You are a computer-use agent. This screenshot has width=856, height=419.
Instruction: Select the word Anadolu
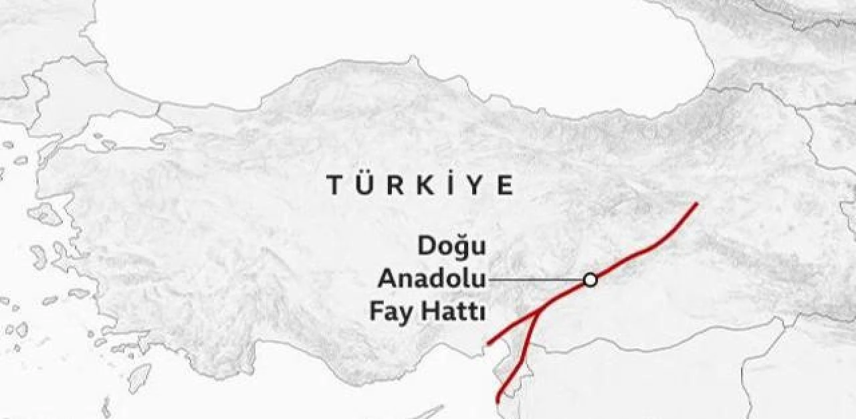point(431,280)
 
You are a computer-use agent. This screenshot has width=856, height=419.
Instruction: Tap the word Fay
point(391,312)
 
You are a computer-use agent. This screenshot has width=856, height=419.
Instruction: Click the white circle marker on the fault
point(590,280)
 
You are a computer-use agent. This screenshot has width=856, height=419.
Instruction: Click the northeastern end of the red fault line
point(697,203)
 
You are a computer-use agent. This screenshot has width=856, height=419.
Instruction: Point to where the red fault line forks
point(538,313)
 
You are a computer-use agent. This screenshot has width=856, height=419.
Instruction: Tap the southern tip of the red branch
point(498,401)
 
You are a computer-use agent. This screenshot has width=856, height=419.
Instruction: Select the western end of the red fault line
point(488,344)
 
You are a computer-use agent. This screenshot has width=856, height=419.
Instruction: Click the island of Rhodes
point(138,378)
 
